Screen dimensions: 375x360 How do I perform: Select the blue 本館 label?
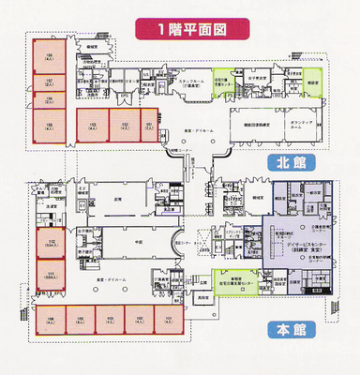click(x=282, y=329)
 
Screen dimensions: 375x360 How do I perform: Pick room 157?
click(x=50, y=82)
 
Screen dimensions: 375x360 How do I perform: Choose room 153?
click(x=93, y=125)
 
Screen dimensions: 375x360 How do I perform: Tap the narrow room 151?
click(x=149, y=125)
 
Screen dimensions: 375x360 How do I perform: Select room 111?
click(x=52, y=273)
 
